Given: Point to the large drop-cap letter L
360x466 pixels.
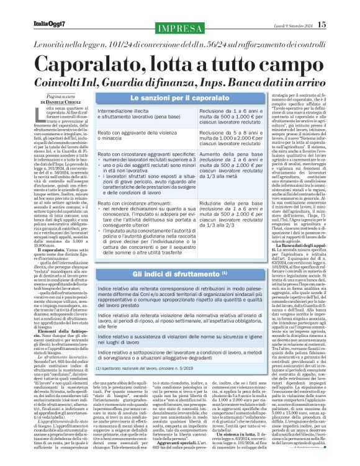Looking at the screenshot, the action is point(34,112).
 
